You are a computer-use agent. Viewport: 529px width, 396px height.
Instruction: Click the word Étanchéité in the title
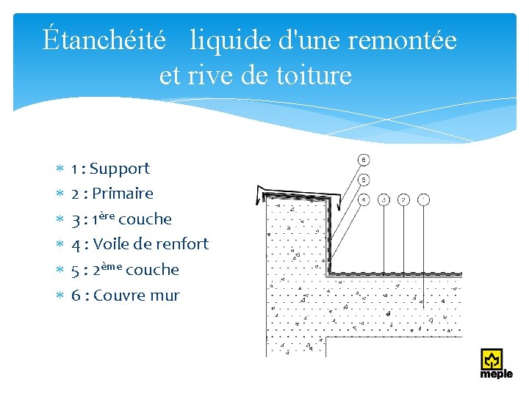104,40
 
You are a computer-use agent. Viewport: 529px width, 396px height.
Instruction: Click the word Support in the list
120,169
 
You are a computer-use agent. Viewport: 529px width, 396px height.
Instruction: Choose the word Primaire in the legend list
123,194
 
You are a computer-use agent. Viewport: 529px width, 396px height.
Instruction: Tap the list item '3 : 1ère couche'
121,219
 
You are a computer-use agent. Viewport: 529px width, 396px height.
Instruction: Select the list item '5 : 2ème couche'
125,269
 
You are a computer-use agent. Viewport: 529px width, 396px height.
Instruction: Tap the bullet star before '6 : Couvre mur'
61,296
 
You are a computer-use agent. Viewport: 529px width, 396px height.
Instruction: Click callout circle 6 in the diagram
363,159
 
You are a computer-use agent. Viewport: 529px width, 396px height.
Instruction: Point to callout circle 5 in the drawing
363,179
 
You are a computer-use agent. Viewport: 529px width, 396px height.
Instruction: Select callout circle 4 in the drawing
363,199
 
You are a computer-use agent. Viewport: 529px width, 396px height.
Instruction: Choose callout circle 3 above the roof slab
383,199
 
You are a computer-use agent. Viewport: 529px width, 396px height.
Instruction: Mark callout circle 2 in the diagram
403,199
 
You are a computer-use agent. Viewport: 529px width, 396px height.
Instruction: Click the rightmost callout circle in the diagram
422,199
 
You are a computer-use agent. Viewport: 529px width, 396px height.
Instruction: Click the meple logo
496,364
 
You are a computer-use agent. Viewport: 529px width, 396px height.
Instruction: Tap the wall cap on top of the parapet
294,192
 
